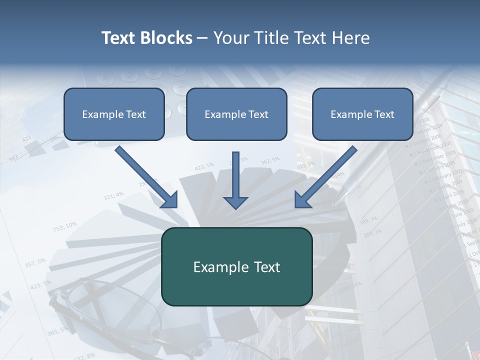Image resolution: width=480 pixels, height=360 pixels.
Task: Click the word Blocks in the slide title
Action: click(167, 38)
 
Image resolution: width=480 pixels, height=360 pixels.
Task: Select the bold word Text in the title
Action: click(120, 38)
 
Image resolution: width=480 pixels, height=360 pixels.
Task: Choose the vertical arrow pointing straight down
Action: click(235, 180)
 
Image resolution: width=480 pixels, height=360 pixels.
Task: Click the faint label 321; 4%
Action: click(113, 195)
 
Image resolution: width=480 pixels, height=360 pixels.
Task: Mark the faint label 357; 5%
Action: click(35, 262)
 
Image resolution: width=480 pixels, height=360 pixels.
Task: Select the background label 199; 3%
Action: click(368, 220)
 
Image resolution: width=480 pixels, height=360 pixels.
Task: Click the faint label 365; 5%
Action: click(57, 331)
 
